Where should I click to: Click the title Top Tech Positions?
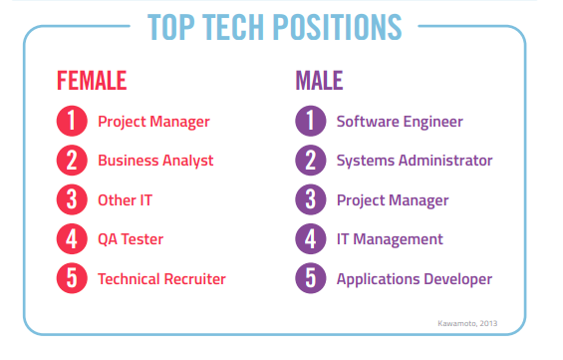[274, 28]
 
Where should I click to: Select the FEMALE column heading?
[92, 80]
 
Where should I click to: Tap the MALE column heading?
[320, 80]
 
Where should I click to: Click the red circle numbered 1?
[72, 122]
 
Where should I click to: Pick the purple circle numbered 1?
[311, 122]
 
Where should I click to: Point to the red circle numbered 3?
[72, 199]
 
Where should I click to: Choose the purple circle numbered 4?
[311, 239]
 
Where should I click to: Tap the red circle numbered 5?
[72, 278]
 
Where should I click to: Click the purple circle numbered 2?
[311, 161]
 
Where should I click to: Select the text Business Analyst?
[155, 161]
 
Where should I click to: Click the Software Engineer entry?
[400, 122]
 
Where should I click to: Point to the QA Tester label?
[131, 239]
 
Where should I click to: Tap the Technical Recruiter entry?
[161, 278]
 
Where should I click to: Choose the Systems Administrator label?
[415, 161]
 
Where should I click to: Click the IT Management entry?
[390, 239]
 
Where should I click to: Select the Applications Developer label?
[415, 278]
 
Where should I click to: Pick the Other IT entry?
[125, 199]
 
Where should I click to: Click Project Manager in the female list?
[153, 122]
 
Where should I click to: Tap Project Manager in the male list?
[393, 199]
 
